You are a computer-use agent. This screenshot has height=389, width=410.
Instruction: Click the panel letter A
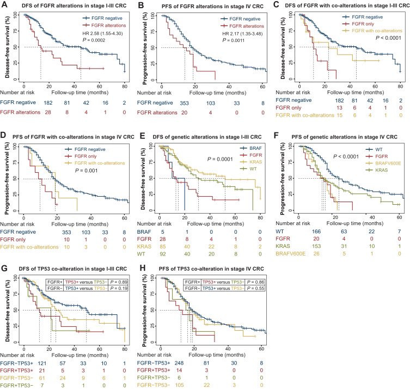4,5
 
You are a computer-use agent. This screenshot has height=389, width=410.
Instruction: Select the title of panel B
212,6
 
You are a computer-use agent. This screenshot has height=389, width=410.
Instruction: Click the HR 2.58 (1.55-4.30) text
102,33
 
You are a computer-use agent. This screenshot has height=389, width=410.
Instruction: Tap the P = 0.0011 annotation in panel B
233,40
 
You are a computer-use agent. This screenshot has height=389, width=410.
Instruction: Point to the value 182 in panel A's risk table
48,103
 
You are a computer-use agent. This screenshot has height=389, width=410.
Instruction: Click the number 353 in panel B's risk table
184,103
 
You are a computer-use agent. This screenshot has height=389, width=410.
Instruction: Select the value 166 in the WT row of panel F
316,232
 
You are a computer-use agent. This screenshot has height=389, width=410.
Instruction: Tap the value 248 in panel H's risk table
179,363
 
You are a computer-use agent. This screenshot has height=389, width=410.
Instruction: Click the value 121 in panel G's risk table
42,363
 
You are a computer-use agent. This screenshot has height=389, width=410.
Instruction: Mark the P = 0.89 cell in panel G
119,282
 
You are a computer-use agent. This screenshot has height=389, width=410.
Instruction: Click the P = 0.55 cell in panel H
255,288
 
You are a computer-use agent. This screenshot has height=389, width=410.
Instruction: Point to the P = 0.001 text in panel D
86,171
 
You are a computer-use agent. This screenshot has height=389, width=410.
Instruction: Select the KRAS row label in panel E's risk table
144,246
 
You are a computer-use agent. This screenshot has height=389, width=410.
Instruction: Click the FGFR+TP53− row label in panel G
16,385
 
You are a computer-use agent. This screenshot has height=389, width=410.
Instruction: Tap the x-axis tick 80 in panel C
400,86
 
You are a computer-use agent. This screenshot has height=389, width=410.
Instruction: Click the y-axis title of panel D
7,179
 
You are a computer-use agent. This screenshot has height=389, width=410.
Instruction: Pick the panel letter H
143,268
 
